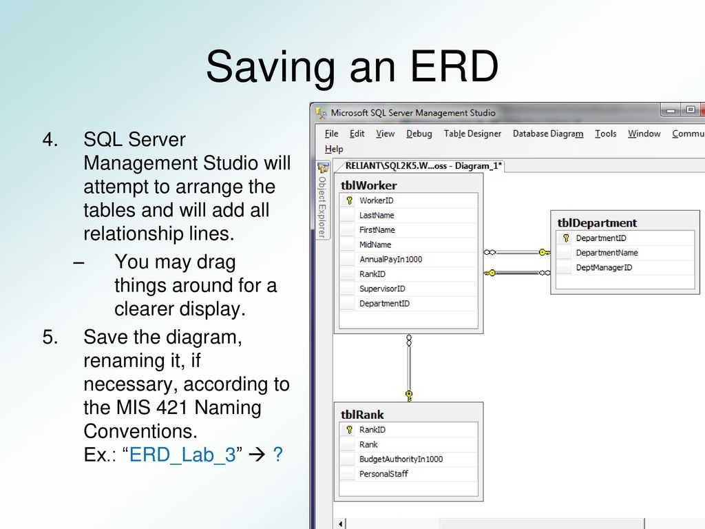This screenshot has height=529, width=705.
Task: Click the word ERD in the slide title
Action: click(x=454, y=66)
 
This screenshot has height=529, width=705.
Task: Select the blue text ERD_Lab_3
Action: click(x=182, y=455)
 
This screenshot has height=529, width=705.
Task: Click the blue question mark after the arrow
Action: click(x=278, y=455)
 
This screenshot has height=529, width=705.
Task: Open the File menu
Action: click(x=331, y=134)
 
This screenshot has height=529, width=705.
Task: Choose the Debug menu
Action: click(x=419, y=134)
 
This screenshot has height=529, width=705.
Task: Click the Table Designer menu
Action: click(x=472, y=134)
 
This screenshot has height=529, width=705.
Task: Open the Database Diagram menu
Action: click(x=547, y=134)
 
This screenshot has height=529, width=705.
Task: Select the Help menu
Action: click(x=334, y=149)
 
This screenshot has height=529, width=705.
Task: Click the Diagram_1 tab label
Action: click(x=478, y=165)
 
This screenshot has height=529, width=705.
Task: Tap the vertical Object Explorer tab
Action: click(x=322, y=207)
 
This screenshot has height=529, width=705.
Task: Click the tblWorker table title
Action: click(x=369, y=185)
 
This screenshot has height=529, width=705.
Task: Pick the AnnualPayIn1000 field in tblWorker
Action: click(x=391, y=259)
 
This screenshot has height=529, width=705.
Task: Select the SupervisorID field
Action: click(x=382, y=289)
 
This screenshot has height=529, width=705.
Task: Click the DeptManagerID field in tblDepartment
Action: click(x=604, y=268)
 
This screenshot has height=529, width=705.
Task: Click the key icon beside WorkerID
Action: click(x=349, y=200)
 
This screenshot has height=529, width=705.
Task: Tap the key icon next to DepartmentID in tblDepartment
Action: click(x=566, y=238)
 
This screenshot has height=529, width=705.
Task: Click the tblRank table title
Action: click(x=362, y=414)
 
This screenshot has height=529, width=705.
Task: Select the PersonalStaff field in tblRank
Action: click(x=383, y=474)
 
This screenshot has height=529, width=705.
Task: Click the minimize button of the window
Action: click(x=671, y=110)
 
